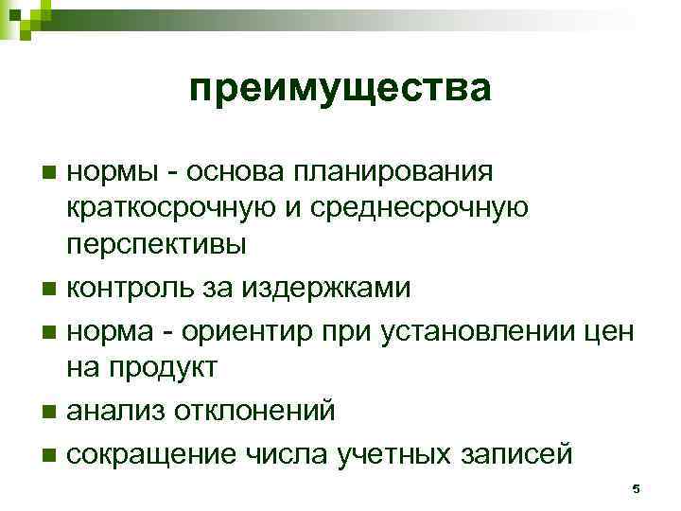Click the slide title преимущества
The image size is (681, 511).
340,90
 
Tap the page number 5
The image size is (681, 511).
637,488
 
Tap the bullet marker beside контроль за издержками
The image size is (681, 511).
49,287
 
